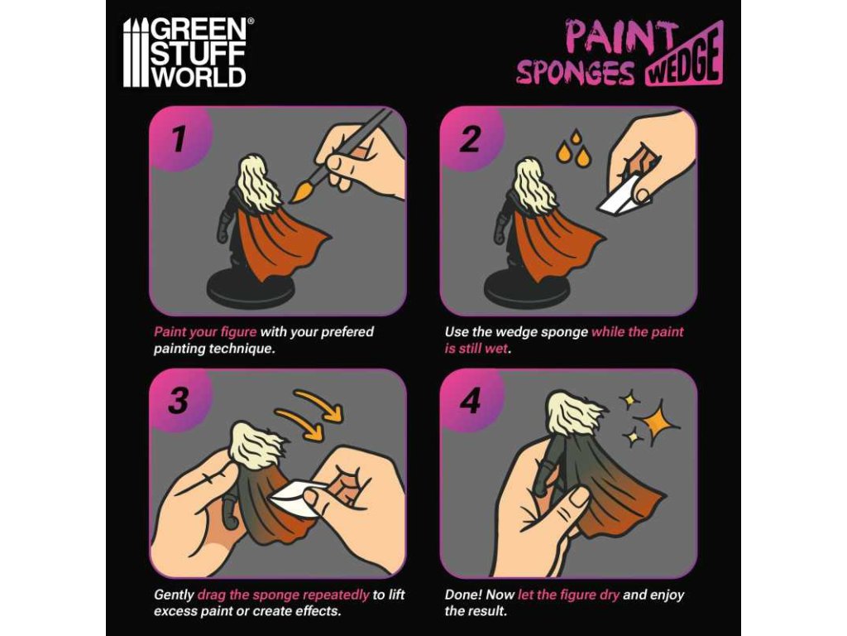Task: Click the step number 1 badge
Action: coord(179,139)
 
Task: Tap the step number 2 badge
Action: coord(470,139)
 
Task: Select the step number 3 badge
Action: coord(179,402)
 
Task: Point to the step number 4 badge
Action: coord(470,402)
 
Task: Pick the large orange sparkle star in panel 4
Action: coord(657,422)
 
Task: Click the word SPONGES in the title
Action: coord(576,72)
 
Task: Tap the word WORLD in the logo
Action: coord(199,76)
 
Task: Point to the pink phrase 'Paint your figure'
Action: coord(205,331)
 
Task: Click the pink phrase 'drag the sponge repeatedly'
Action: coord(283,595)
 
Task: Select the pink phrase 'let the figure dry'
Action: coord(568,595)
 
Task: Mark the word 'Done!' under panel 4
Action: coord(463,595)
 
